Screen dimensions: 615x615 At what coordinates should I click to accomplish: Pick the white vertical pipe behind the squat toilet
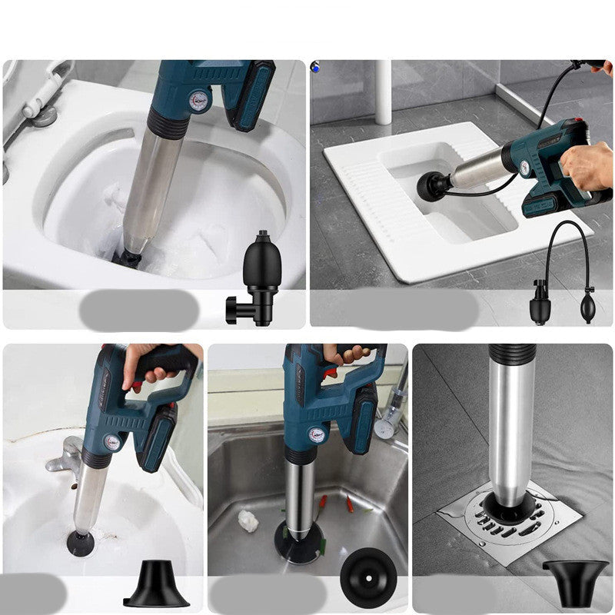383,91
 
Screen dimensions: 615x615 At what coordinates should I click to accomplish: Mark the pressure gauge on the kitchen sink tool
315,434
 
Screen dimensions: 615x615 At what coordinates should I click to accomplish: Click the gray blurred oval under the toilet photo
138,310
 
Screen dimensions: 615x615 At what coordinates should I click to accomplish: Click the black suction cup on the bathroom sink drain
81,542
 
